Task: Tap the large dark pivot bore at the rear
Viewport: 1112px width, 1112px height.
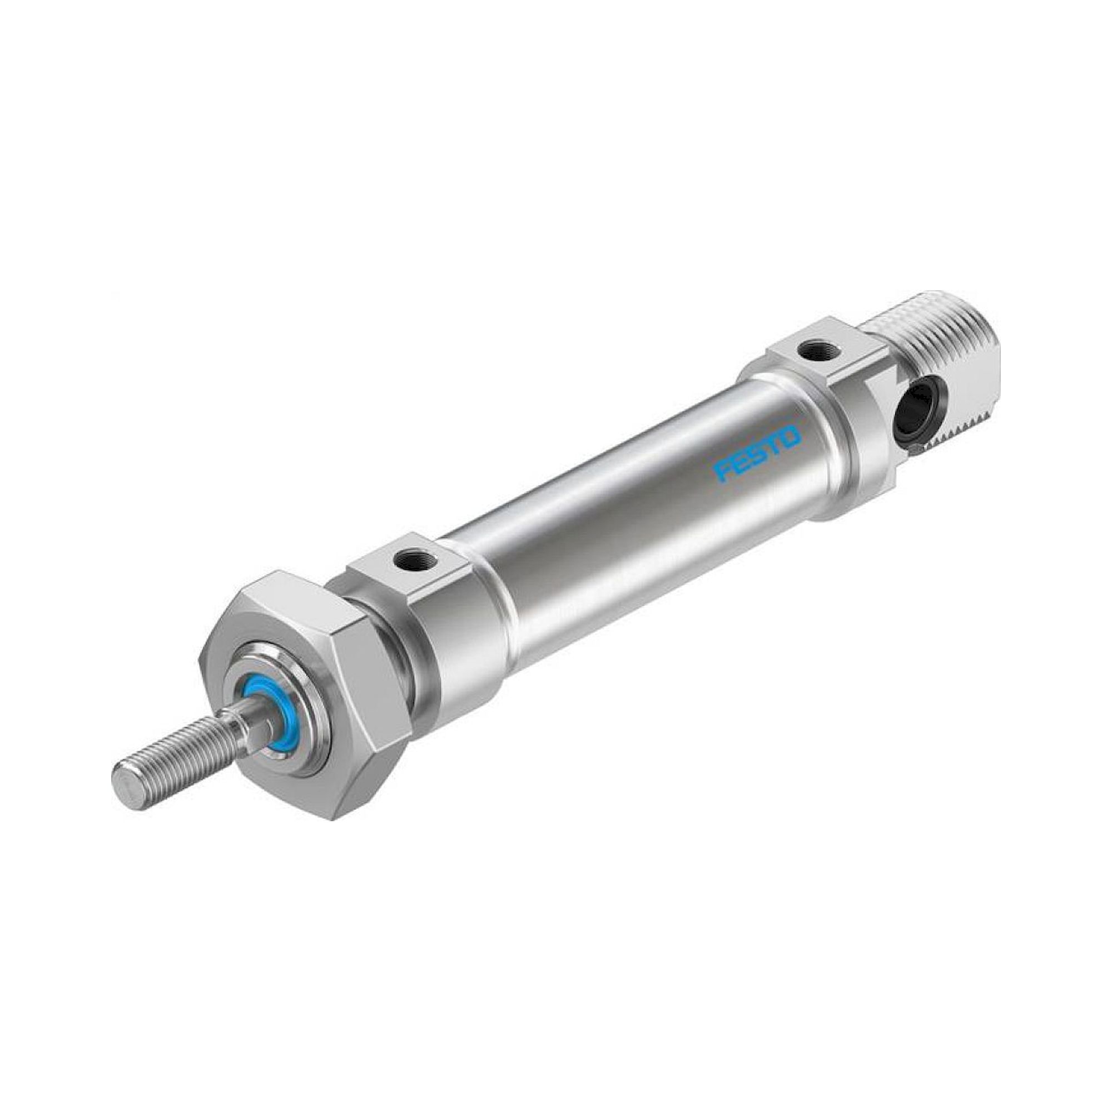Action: pos(916,410)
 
